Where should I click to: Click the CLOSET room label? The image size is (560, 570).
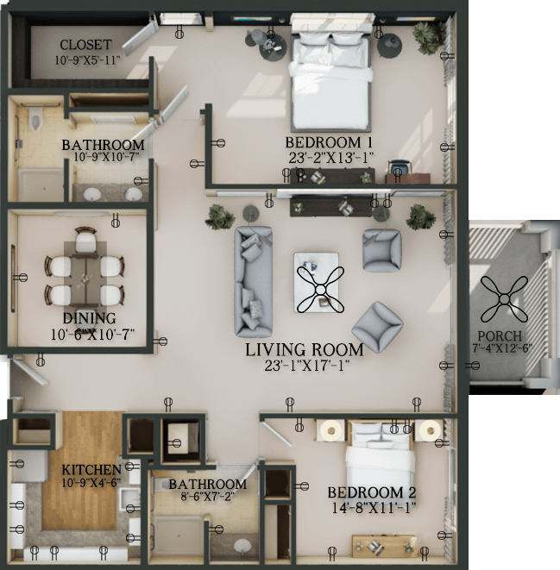[x=85, y=45]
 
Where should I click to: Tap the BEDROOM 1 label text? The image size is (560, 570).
[x=329, y=142]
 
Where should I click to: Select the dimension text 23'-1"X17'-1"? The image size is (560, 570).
[x=307, y=366]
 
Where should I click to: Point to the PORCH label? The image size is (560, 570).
[x=500, y=335]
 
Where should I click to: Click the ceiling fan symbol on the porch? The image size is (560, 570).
[x=504, y=299]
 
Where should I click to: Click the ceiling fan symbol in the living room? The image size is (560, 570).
[x=320, y=290]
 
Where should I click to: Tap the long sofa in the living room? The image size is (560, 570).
[x=253, y=281]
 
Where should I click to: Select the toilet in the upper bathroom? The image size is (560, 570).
[x=35, y=116]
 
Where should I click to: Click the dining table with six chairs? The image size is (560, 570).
[x=85, y=275]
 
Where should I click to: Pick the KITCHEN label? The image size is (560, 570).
[x=91, y=470]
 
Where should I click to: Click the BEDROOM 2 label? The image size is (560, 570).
[x=371, y=493]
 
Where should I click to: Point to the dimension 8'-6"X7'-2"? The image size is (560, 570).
[x=207, y=496]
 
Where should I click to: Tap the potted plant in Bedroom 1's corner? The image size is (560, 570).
[x=425, y=37]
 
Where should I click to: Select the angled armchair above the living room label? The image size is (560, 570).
[x=378, y=327]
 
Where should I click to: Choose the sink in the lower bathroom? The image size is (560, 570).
[x=242, y=546]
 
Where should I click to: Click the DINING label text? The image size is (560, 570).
[x=89, y=318]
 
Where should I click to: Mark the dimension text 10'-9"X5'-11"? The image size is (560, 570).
[x=87, y=60]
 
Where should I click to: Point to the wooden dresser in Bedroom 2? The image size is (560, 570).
[x=385, y=545]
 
